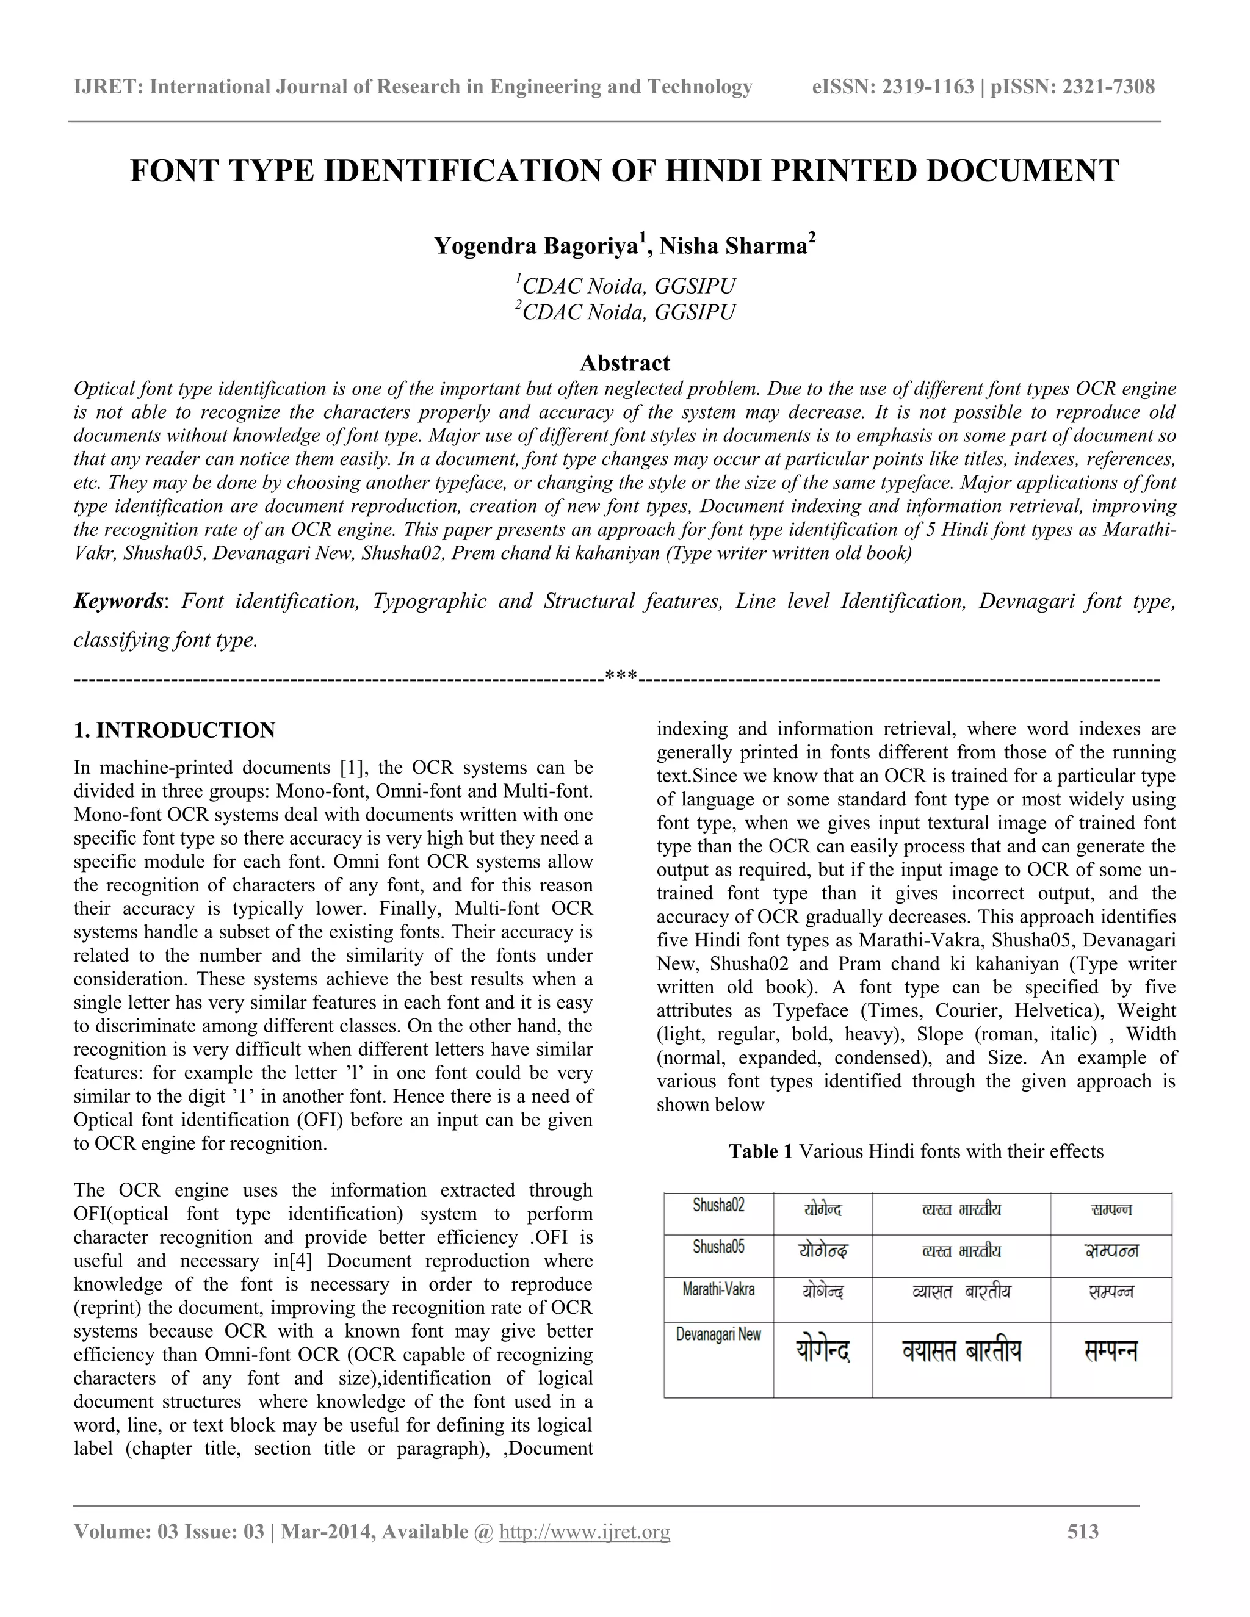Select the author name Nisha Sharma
pos(737,245)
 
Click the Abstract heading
pos(624,363)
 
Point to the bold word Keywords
pos(118,600)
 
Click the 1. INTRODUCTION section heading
pos(175,730)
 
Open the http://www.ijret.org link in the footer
pos(584,1531)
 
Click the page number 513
pos(1083,1531)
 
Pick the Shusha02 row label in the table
pos(718,1205)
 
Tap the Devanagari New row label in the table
pos(718,1334)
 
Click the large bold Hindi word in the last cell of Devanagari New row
pos(1110,1352)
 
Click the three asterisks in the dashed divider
pos(621,677)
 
